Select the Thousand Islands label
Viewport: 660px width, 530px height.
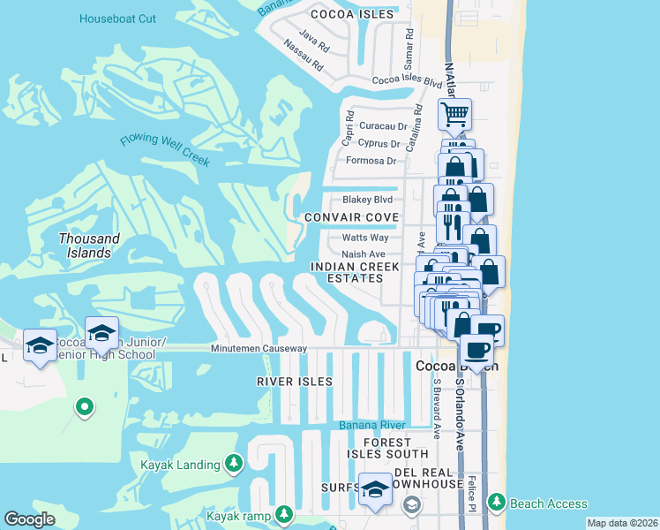pos(89,246)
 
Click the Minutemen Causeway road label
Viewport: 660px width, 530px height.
pos(259,349)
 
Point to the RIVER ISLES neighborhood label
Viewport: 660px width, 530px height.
pos(295,382)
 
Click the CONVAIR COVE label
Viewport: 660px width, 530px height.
pos(351,217)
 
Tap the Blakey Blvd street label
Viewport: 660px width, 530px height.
pos(367,200)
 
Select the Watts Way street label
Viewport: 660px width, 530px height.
pos(365,238)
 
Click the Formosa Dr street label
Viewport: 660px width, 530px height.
pos(371,161)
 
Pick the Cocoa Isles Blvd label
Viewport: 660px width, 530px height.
pos(407,80)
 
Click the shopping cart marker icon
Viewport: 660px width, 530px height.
pos(455,113)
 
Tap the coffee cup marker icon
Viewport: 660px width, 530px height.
pos(476,349)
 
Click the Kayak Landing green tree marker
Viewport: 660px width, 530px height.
pos(234,464)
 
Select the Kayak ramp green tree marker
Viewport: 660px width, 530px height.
pos(283,513)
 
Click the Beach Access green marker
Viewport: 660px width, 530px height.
pos(496,503)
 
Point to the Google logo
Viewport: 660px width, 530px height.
pos(29,519)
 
